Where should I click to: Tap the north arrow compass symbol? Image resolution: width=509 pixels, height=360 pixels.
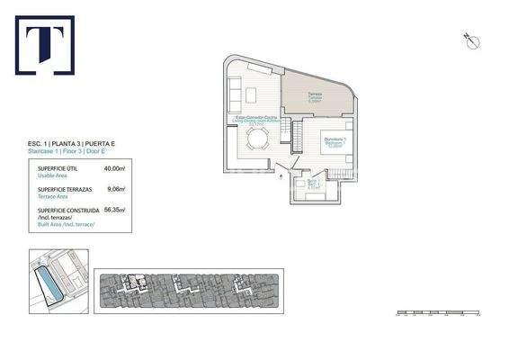tap(469, 38)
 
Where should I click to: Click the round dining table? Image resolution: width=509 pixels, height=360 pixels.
tap(258, 139)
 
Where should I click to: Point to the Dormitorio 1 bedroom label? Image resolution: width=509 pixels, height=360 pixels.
tap(335, 140)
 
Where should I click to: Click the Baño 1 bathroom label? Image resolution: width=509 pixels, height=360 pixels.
tap(313, 185)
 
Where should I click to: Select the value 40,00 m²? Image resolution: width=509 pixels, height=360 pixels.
tap(114, 168)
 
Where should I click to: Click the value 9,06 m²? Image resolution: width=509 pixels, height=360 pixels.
tap(116, 189)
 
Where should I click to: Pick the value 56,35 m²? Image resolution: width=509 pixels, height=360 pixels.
tap(114, 209)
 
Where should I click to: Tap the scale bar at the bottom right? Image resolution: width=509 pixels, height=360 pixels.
tap(441, 314)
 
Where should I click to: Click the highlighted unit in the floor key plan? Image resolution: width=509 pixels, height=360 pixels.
tap(136, 287)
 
